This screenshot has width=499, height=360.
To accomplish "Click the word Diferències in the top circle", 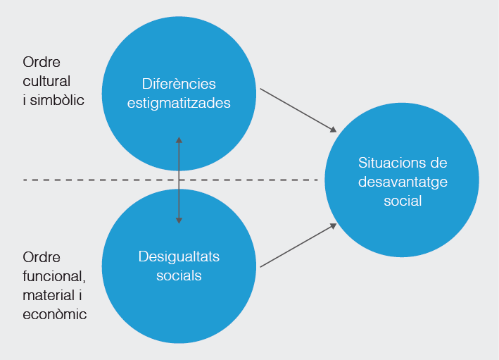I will [x=179, y=83].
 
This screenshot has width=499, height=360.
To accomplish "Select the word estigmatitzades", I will [x=179, y=102].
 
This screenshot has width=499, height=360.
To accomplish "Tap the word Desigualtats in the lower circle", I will [x=179, y=256].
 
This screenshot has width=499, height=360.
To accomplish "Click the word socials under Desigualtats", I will [x=179, y=275].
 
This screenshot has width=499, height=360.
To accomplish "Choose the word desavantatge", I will [x=403, y=182].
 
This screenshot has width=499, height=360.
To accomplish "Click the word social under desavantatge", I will [x=403, y=201].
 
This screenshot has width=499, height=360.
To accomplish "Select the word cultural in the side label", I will [x=46, y=80].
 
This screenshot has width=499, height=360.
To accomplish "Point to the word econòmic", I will [x=55, y=314].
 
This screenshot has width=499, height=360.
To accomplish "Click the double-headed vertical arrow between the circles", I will [x=179, y=180].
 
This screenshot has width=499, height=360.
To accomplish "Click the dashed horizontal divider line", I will [x=91, y=180].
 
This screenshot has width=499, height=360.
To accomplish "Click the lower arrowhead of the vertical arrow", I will [x=179, y=221].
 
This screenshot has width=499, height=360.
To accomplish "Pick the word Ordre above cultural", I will [x=42, y=61].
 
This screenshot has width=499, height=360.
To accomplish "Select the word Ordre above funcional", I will [x=42, y=256].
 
